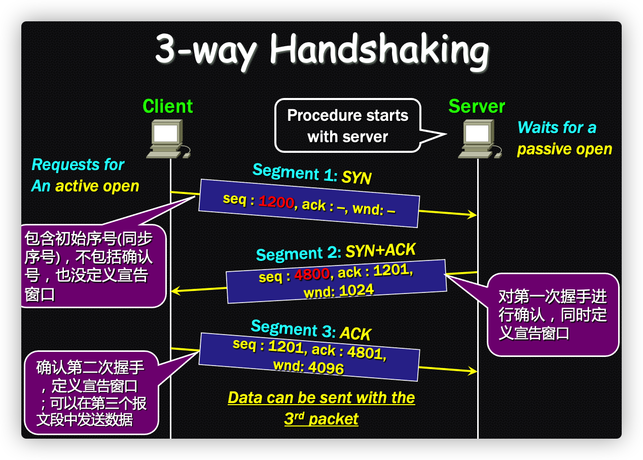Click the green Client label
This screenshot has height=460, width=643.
coord(167,106)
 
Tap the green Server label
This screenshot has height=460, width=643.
coord(477,106)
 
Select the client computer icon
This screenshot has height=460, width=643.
coord(167,139)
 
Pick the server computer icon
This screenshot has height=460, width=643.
coord(479,139)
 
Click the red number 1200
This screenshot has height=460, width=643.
coord(276,202)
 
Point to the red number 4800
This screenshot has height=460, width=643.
coord(312,275)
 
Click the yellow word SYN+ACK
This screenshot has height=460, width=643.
coord(380,250)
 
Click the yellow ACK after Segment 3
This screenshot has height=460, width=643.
coord(355,334)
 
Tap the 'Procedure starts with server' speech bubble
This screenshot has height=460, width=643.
coord(348,126)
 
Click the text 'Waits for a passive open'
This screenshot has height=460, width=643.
coord(564,138)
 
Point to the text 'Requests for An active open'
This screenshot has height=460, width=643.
coord(85,175)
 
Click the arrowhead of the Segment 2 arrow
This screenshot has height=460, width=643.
coord(174,291)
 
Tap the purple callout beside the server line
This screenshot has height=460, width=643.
coord(553,315)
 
